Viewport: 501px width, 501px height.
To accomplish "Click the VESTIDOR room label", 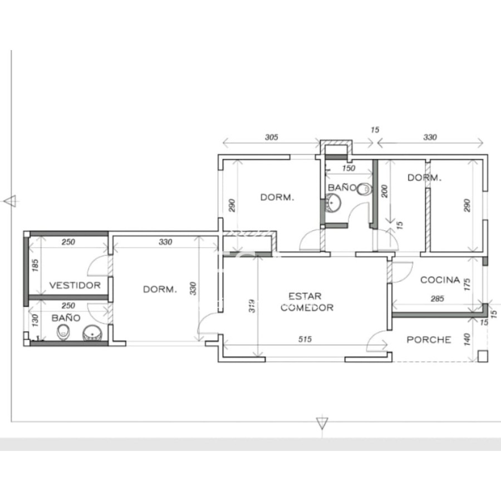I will click(x=75, y=286).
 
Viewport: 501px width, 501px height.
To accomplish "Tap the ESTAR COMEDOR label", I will click(x=307, y=302).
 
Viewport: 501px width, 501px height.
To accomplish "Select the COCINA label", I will click(x=440, y=280).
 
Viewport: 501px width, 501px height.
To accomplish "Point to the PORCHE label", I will click(x=429, y=340).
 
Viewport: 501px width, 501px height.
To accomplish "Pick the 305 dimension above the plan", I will click(x=271, y=137).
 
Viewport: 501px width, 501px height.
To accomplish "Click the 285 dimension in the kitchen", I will click(x=438, y=299).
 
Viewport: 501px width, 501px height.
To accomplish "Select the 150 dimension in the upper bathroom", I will click(x=348, y=168).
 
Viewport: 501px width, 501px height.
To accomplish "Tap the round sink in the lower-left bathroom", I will click(x=92, y=333).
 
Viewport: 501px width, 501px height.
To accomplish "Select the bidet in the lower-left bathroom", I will click(x=63, y=333).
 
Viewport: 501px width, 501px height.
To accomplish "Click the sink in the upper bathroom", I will click(x=334, y=204).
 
